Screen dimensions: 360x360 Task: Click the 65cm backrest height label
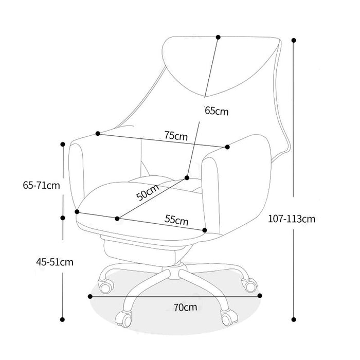pyautogui.click(x=217, y=111)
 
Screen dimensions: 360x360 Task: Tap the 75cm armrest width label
pyautogui.click(x=176, y=136)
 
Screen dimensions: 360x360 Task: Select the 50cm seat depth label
pyautogui.click(x=148, y=192)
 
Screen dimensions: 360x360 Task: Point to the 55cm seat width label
pyautogui.click(x=176, y=220)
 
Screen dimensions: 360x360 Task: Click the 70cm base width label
pyautogui.click(x=185, y=307)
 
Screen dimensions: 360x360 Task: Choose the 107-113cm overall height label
pyautogui.click(x=292, y=219)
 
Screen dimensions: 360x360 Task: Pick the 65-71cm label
pyautogui.click(x=41, y=185)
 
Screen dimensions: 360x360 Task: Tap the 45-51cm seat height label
pyautogui.click(x=55, y=262)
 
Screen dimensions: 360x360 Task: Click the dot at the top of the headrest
pyautogui.click(x=219, y=37)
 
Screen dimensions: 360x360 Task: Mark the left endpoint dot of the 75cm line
pyautogui.click(x=98, y=133)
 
